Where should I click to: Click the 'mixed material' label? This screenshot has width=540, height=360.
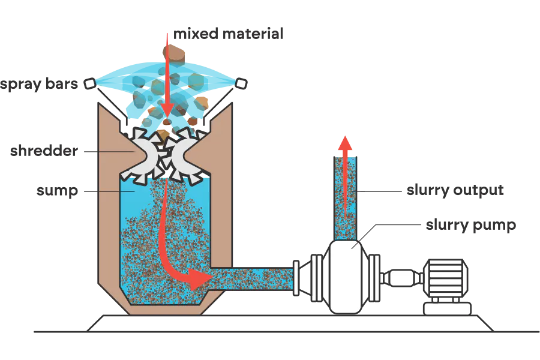click(x=228, y=34)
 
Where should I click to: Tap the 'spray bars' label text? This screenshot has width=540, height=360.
click(x=39, y=84)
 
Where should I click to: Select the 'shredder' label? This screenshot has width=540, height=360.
click(x=44, y=151)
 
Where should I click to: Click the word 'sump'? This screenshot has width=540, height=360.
click(x=57, y=191)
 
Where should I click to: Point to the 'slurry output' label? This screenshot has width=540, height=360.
click(x=455, y=190)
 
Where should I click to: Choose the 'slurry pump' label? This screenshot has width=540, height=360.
click(x=471, y=225)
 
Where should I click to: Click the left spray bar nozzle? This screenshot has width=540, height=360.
click(x=90, y=83)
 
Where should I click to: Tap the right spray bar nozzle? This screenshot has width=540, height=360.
click(x=241, y=83)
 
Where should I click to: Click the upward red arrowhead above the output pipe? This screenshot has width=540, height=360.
click(x=345, y=143)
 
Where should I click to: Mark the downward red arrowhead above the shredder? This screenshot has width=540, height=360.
click(x=167, y=111)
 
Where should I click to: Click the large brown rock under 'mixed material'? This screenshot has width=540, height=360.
click(x=174, y=55)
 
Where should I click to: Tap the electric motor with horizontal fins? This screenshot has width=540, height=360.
click(x=445, y=278)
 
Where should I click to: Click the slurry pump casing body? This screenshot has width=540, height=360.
click(x=346, y=277)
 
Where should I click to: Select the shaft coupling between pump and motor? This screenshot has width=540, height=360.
click(x=401, y=278)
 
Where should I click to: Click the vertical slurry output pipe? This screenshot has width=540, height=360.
click(x=345, y=199)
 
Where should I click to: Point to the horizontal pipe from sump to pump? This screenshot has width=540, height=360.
click(x=252, y=278)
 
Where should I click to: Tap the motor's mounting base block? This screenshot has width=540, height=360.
click(x=447, y=308)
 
